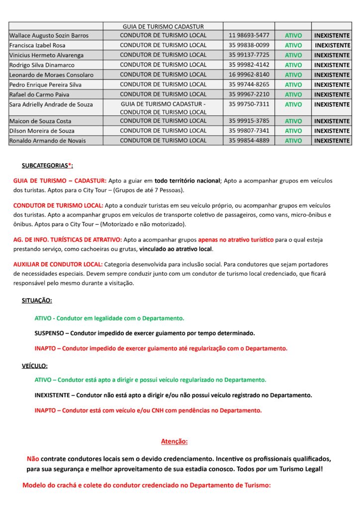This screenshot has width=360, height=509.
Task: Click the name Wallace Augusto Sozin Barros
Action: [x=49, y=36]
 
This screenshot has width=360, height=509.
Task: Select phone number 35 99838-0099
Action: [x=249, y=45]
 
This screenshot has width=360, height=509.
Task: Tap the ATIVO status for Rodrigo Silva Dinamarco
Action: [x=293, y=65]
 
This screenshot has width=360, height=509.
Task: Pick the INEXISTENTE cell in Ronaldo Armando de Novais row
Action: [x=332, y=141]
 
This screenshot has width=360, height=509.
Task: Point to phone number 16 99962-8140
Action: [x=249, y=75]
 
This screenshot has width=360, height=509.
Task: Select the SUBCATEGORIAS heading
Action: [x=47, y=166]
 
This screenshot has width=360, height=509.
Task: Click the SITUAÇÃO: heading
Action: [x=37, y=301]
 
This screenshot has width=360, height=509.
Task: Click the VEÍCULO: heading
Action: [x=35, y=366]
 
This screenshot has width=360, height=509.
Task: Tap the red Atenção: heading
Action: [x=174, y=441]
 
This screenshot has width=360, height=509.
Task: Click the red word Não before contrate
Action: [x=33, y=458]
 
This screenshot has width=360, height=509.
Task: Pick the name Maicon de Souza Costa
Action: [x=40, y=121]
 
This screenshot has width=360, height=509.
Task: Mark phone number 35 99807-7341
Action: [x=249, y=131]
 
